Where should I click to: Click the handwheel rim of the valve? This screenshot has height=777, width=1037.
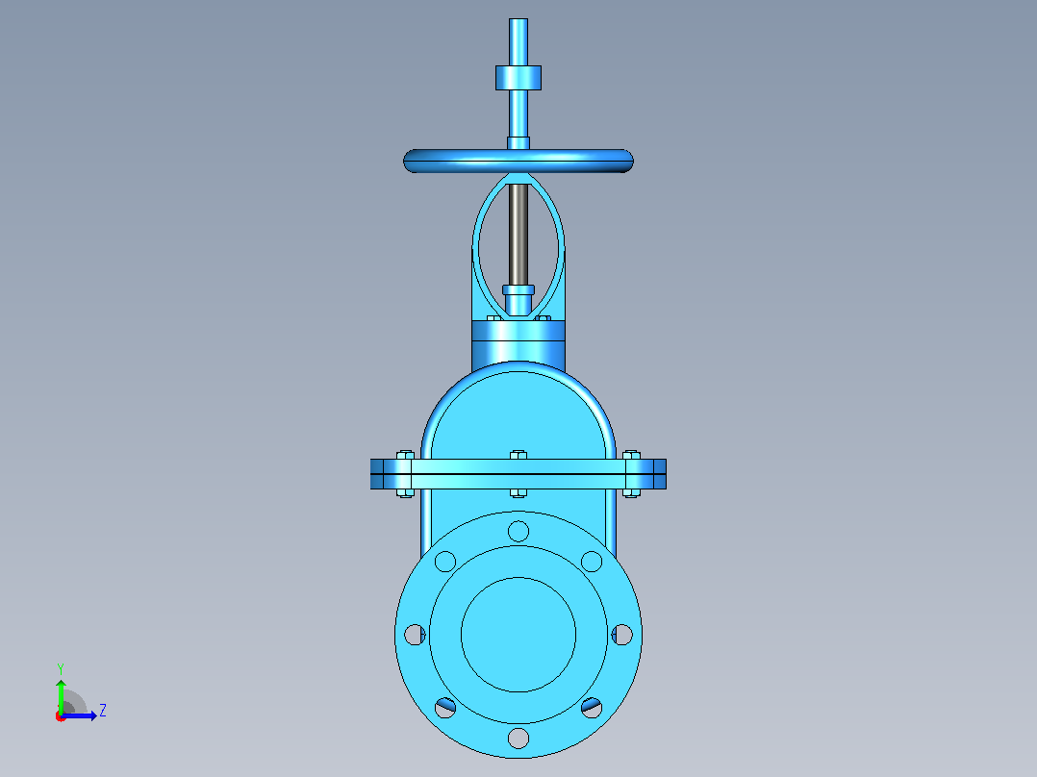518,161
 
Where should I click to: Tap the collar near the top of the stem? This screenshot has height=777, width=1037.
518,77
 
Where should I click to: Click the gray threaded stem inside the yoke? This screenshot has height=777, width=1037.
518,234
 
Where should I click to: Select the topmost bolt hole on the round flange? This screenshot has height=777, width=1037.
518,531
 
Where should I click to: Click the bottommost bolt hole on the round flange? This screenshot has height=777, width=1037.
518,738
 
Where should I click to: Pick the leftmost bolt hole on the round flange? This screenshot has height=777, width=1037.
415,634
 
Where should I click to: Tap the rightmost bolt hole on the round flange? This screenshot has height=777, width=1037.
622,634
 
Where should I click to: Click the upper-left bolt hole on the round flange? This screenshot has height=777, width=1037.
445,562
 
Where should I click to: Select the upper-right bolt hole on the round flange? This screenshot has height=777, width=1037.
592,562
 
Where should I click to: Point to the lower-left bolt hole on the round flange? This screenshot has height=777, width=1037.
445,708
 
